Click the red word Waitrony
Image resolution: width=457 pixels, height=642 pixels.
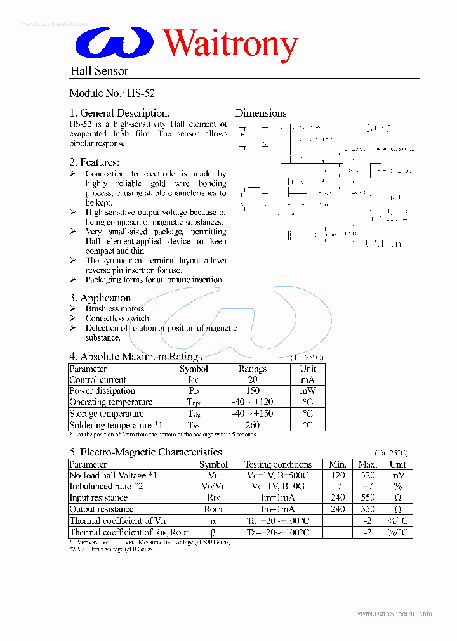[x=230, y=44]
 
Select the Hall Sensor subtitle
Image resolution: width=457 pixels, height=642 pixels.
[x=99, y=71]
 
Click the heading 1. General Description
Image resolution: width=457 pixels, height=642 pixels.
[x=119, y=113]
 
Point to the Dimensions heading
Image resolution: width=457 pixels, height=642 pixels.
[x=261, y=113]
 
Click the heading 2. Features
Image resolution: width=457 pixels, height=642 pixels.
[x=94, y=162]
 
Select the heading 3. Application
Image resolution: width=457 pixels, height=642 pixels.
[x=100, y=298]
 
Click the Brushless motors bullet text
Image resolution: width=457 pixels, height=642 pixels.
[x=111, y=308]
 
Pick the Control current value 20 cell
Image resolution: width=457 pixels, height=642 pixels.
[x=253, y=379]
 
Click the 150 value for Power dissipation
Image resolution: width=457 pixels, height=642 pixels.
[x=253, y=391]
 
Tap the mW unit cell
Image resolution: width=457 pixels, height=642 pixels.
[x=308, y=391]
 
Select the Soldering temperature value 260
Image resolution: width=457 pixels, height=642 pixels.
[x=253, y=425]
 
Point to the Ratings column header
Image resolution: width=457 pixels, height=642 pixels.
[x=253, y=369]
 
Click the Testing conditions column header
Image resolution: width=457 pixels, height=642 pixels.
[x=278, y=464]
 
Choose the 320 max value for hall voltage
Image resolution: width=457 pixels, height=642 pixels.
[x=368, y=475]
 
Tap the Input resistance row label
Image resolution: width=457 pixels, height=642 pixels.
[x=98, y=498]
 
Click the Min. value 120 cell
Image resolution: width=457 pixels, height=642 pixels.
[x=338, y=475]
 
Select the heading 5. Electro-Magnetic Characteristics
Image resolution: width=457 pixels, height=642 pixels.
[x=145, y=452]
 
